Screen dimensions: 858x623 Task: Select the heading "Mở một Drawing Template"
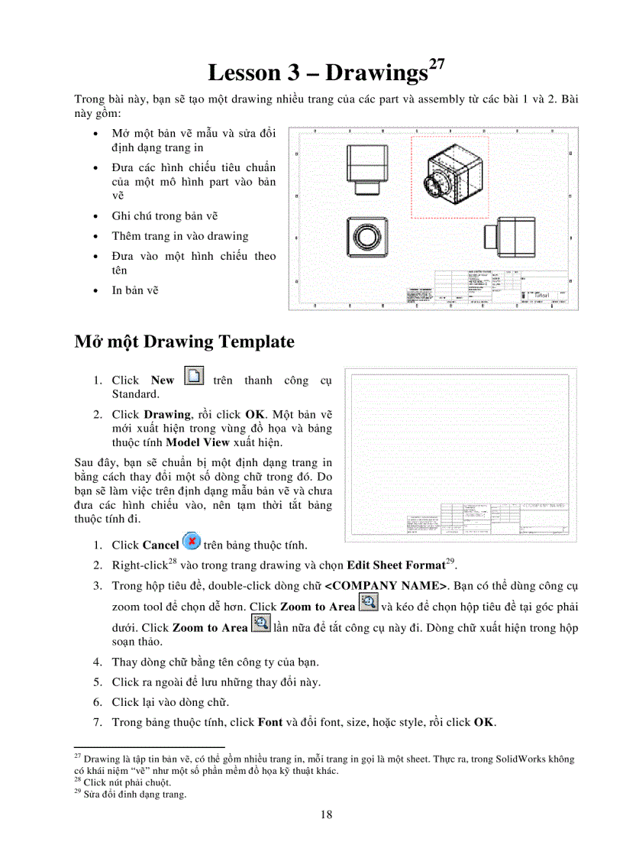(184, 342)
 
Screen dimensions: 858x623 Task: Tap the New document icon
(195, 377)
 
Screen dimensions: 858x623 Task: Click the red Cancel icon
(191, 543)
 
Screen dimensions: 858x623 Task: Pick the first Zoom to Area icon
(368, 604)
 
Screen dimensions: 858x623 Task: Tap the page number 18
(326, 814)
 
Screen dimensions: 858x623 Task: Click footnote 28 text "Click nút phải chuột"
(127, 782)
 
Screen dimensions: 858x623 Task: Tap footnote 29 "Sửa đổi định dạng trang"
(134, 794)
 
